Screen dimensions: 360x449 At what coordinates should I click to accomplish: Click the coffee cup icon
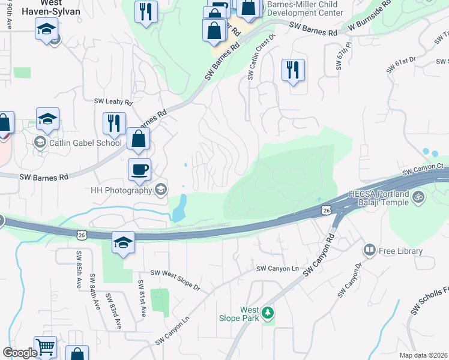tap(139, 169)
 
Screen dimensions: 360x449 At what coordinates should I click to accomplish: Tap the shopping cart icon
tap(46, 347)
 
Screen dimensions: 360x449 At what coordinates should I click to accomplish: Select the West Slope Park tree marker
tap(268, 313)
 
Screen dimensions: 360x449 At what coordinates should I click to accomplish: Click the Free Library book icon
tap(369, 250)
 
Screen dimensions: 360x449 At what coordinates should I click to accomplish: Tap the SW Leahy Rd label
tap(113, 102)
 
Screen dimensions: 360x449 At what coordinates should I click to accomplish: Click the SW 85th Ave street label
tap(79, 269)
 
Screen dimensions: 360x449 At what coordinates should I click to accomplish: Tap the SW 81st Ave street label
tap(142, 298)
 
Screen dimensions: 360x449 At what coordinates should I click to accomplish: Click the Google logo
tap(19, 352)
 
